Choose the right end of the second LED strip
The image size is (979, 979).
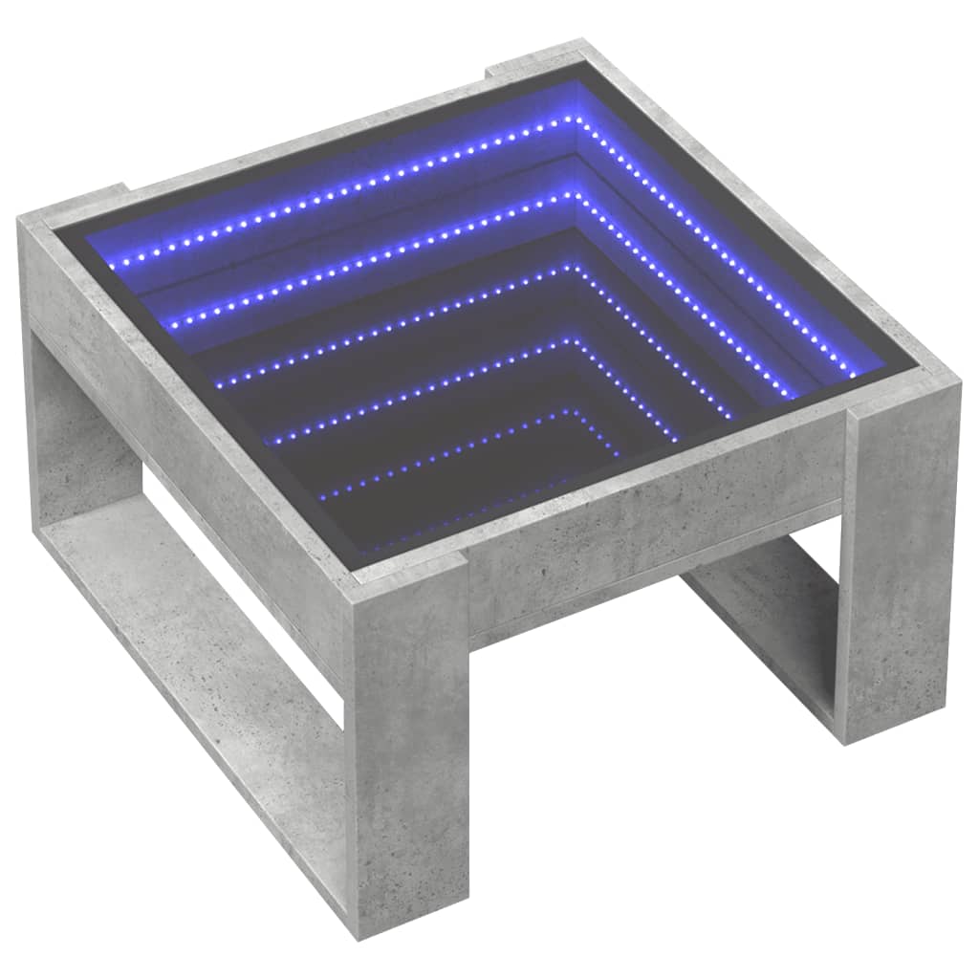coord(793,394)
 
